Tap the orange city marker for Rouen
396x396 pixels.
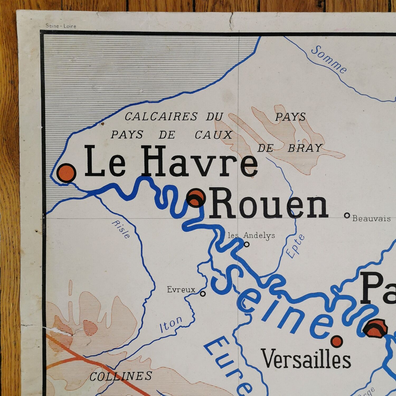coord(196,198)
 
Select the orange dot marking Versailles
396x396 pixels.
coord(337,341)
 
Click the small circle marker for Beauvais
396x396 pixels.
coord(347,216)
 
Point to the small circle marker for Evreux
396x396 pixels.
coord(203,293)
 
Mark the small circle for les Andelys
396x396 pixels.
coord(247,244)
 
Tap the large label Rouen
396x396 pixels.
coord(269,204)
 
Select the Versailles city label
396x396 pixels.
coord(306,359)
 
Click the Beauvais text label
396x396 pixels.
coord(371,218)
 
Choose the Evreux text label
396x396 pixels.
coord(181,290)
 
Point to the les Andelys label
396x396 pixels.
coord(251,235)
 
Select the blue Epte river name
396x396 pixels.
coord(296,246)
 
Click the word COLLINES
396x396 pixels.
coord(121,376)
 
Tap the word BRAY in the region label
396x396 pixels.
coord(305,148)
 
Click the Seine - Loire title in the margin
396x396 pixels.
coord(61,26)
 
